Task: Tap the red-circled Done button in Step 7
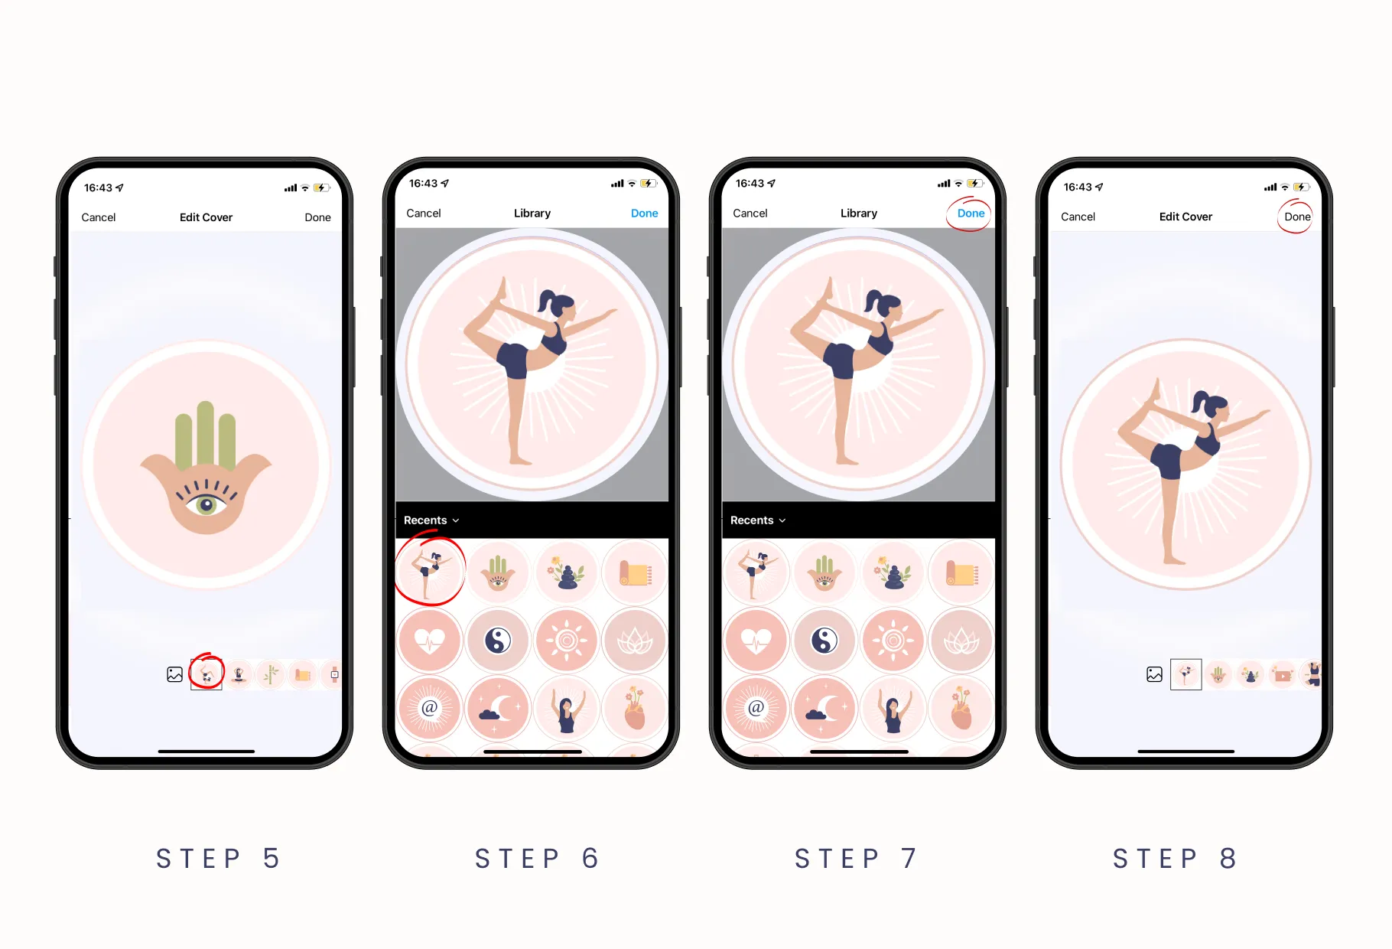tap(971, 214)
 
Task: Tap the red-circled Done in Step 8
tap(1297, 217)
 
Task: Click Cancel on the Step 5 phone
tap(99, 217)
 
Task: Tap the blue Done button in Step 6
tap(644, 214)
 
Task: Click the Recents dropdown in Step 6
tap(431, 520)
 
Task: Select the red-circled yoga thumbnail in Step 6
tap(430, 572)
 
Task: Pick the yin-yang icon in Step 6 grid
tap(498, 641)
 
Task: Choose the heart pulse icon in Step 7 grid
tap(756, 641)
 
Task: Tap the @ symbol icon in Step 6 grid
tap(430, 708)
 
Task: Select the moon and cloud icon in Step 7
tap(824, 708)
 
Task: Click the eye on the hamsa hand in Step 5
tap(206, 505)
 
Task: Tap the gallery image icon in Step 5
tap(175, 674)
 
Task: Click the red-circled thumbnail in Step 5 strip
tap(207, 674)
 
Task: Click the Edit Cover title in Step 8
tap(1185, 217)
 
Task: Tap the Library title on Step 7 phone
tap(859, 214)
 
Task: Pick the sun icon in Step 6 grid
tap(566, 641)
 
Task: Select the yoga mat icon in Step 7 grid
tap(961, 572)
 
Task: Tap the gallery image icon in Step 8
tap(1155, 674)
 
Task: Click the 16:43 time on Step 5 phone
tap(98, 188)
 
